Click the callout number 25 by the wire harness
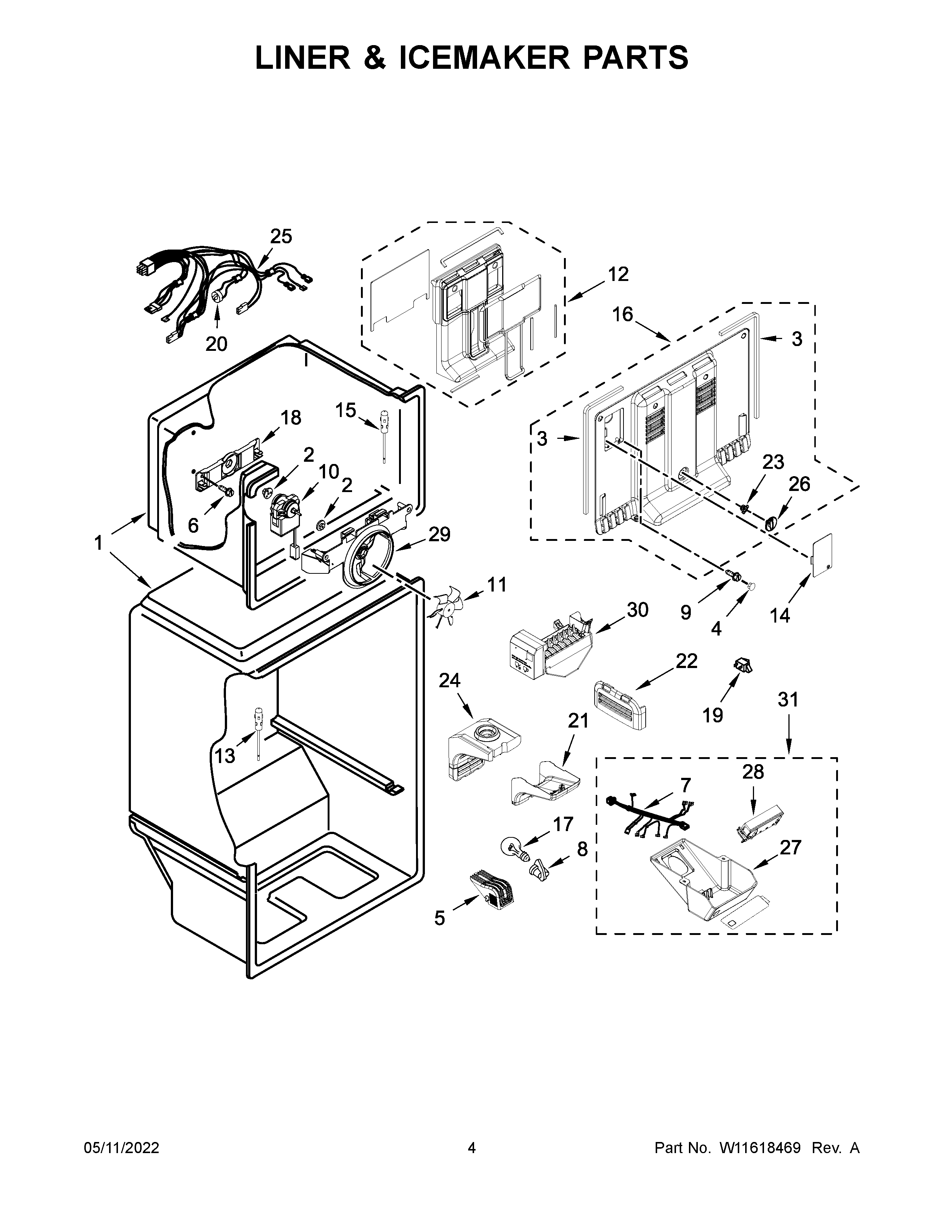tap(281, 237)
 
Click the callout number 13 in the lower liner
tap(225, 756)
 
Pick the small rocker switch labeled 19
tap(743, 666)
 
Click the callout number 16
tap(622, 315)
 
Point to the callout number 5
tap(440, 918)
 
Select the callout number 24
tap(449, 680)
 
